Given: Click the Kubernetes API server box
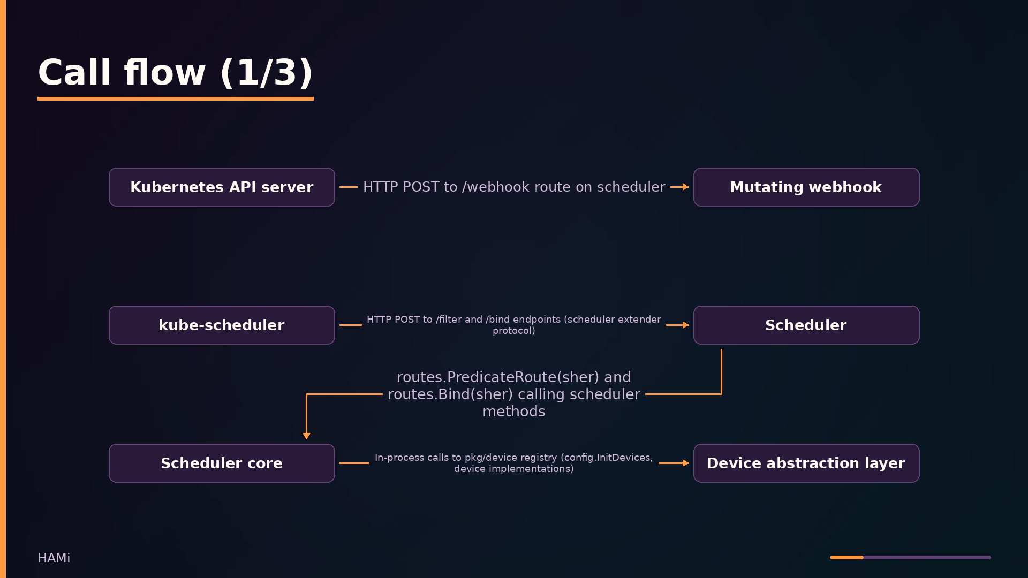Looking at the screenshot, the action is click(222, 187).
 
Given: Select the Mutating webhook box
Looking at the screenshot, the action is click(806, 187).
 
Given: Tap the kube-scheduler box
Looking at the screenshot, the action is click(222, 325).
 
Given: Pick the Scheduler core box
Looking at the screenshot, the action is click(222, 463).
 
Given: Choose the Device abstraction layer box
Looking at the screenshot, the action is click(806, 463).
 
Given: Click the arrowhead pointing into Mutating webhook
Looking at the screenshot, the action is click(686, 187).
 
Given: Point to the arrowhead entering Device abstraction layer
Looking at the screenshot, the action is click(686, 463).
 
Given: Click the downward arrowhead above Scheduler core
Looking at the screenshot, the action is click(306, 436).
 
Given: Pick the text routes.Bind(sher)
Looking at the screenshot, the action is click(450, 394).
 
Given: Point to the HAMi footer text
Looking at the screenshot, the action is click(54, 558).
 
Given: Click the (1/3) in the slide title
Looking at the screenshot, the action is click(267, 73).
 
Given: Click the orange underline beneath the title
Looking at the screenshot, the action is click(176, 98).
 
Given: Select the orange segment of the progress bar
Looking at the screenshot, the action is click(846, 557).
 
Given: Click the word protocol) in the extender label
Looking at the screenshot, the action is click(514, 331).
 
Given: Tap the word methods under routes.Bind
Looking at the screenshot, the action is click(514, 412).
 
